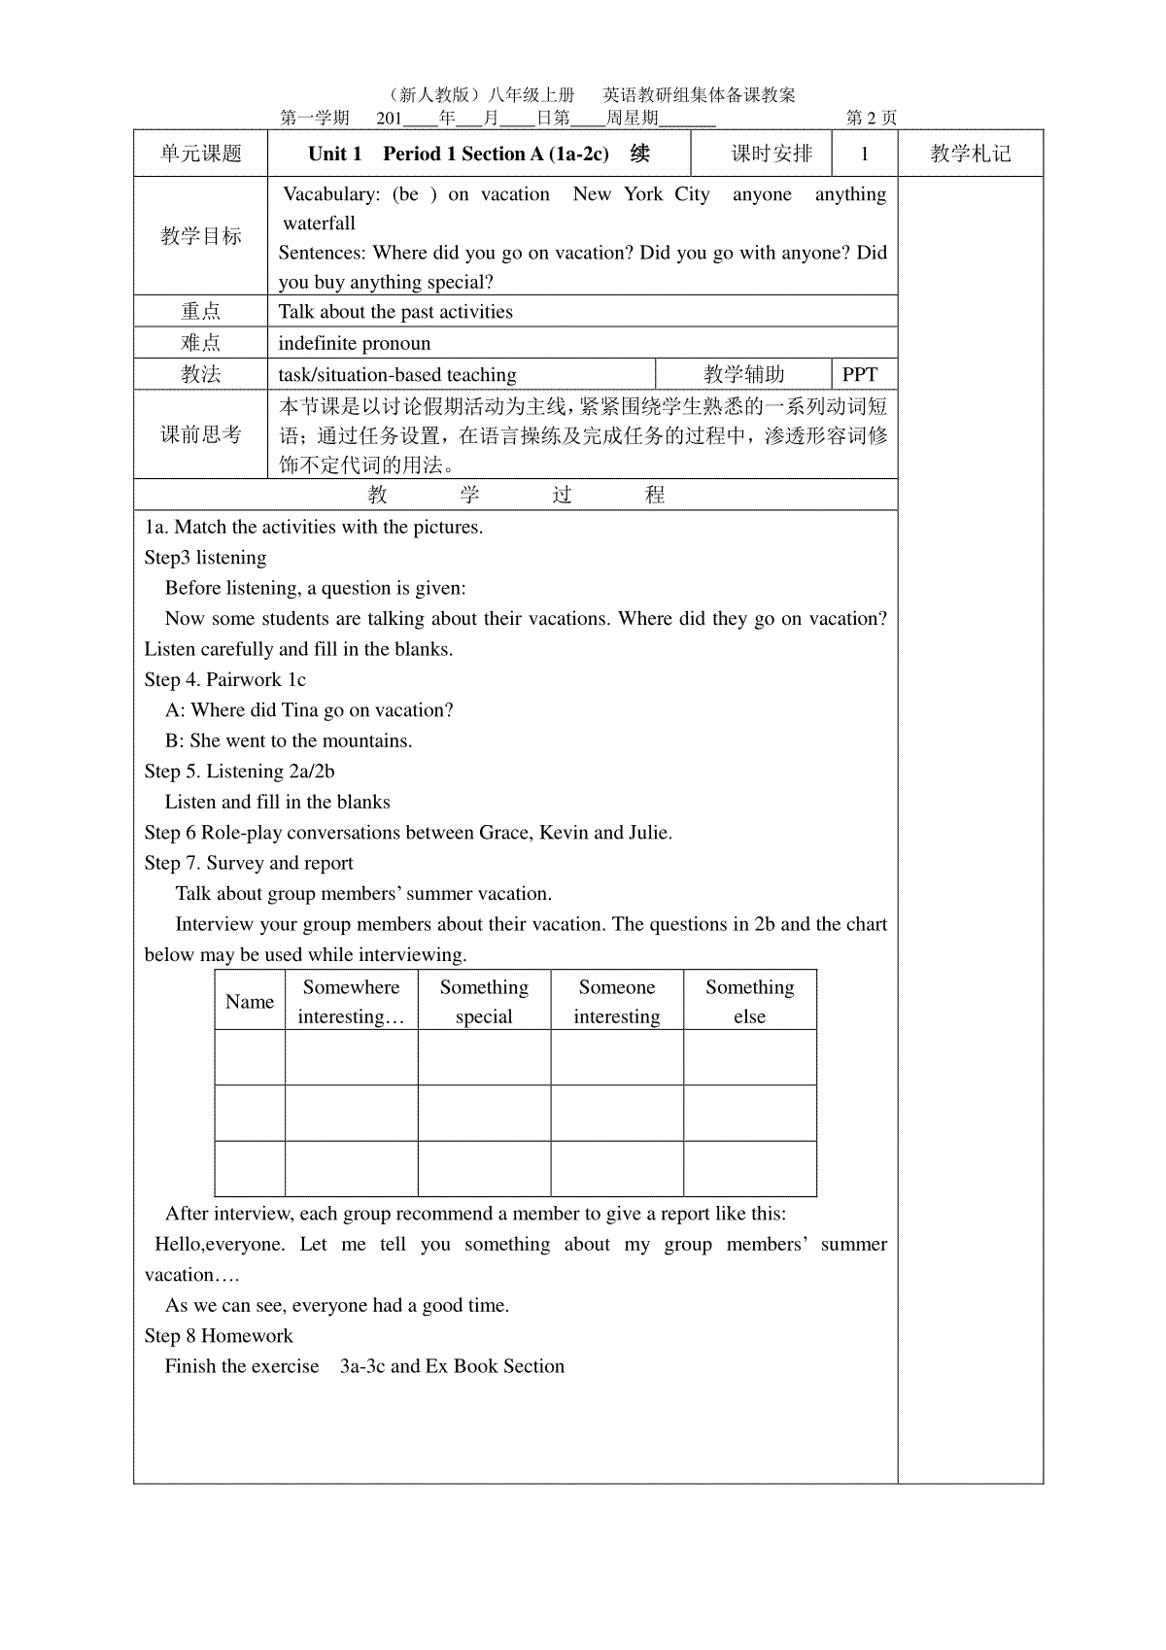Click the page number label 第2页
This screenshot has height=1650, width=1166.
[872, 119]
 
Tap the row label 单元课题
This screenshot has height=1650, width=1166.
[201, 154]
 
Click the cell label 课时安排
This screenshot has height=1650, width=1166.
[772, 154]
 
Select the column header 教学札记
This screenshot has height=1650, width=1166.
[970, 154]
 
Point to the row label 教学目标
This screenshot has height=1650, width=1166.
[201, 236]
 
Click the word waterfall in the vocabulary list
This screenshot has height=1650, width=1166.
[319, 223]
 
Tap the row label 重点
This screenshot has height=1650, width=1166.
[201, 311]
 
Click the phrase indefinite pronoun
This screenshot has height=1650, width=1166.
[354, 343]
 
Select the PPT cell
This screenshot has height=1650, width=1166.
[860, 375]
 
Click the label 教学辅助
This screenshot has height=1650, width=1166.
[743, 375]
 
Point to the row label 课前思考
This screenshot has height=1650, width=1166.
[201, 434]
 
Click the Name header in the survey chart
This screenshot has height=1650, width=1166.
[250, 1002]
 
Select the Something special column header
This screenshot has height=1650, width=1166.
[484, 1002]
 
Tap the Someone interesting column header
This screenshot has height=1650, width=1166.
[617, 1002]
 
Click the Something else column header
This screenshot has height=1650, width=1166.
[749, 1002]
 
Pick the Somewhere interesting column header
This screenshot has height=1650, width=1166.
[351, 1002]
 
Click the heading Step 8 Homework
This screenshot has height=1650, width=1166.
[219, 1336]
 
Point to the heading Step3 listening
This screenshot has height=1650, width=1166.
[205, 558]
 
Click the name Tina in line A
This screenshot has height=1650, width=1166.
[299, 710]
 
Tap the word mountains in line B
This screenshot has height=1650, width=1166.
[364, 741]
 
